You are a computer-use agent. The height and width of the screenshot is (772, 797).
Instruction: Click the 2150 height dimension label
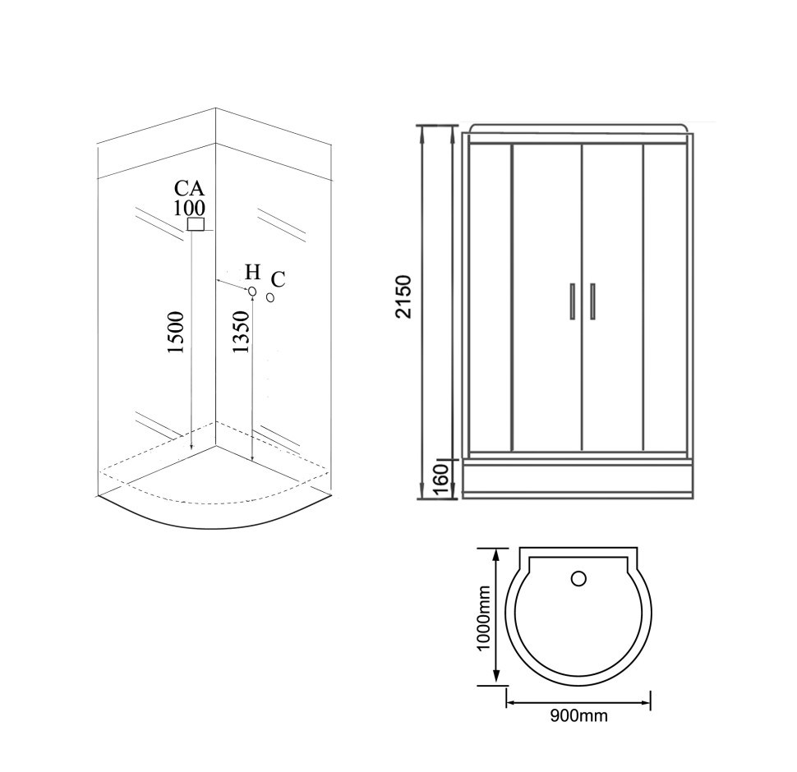coord(404,296)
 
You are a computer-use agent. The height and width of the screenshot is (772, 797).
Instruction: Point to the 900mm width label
coord(579,715)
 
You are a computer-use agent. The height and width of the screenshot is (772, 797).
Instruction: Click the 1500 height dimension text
coord(176,333)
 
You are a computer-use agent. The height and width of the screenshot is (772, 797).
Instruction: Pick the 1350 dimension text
coord(241,332)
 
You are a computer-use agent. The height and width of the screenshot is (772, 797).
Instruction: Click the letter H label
coord(252,272)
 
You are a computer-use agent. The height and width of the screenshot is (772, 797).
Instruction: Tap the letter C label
coord(278,279)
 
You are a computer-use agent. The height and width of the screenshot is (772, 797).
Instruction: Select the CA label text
coord(189,188)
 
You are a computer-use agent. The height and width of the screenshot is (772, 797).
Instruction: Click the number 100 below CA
coord(189,208)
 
